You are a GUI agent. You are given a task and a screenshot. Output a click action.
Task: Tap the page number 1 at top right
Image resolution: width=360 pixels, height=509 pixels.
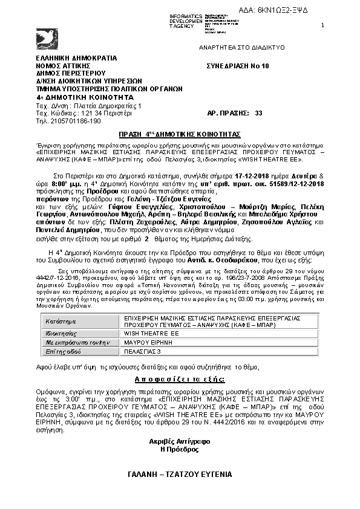tap(322, 25)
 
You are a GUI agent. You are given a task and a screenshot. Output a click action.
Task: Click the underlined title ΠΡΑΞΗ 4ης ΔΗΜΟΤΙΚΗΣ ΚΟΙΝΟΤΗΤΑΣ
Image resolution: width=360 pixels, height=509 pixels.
tap(179, 133)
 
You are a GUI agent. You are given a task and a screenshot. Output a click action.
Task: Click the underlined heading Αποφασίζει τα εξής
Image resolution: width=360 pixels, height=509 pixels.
tap(179, 378)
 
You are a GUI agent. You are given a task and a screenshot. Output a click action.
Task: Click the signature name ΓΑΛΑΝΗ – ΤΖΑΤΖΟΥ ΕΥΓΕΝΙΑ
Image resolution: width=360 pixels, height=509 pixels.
tap(179, 475)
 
